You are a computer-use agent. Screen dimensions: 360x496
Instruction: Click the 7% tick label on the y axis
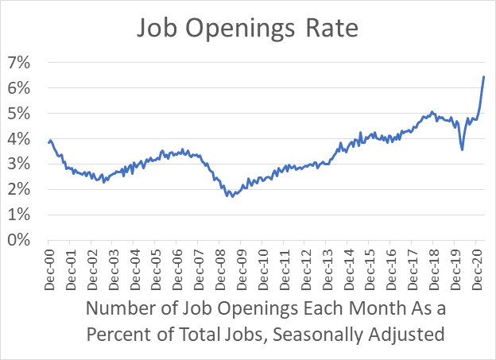[20, 62]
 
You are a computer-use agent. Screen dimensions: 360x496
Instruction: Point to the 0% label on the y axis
[20, 240]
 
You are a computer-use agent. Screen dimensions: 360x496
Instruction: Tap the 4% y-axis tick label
[20, 138]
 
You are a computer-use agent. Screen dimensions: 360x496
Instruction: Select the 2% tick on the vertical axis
[20, 189]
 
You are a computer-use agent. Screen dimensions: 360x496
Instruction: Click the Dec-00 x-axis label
[48, 265]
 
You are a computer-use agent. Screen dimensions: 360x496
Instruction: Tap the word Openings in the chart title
[238, 28]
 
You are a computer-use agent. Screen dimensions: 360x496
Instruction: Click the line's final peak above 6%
[484, 77]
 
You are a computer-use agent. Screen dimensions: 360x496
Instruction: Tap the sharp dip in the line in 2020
[463, 149]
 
